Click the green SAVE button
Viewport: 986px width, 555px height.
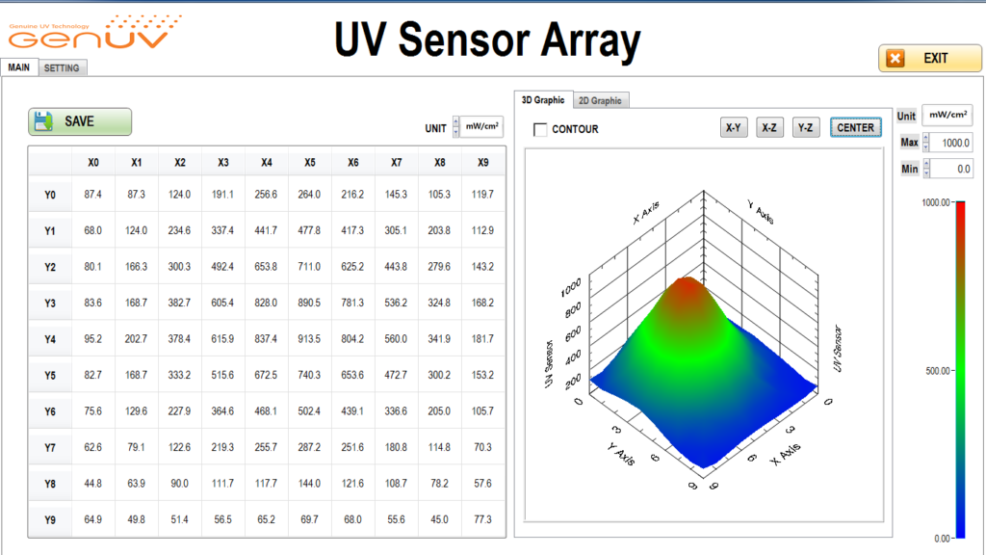point(80,121)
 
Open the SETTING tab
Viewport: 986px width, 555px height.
point(62,68)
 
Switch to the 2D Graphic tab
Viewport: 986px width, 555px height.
point(600,100)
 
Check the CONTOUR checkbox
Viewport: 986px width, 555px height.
point(540,130)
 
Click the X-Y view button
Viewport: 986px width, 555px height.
point(733,128)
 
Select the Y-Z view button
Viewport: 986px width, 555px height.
point(806,128)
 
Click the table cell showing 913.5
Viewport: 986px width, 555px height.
point(309,339)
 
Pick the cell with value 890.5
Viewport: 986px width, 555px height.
point(309,303)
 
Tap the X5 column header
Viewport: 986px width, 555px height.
point(309,162)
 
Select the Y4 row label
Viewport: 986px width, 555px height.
point(50,340)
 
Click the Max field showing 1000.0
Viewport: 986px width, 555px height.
point(951,143)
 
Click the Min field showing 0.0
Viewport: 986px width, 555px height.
point(951,169)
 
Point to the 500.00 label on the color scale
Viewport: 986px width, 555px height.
point(938,371)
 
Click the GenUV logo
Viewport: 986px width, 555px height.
point(95,33)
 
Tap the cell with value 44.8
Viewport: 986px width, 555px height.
point(93,484)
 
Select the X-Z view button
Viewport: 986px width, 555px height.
point(769,128)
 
